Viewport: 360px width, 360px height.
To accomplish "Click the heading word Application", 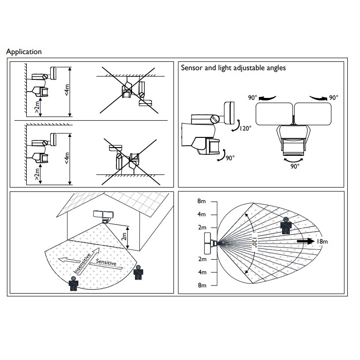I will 24,52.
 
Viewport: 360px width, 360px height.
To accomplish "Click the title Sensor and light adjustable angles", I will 233,68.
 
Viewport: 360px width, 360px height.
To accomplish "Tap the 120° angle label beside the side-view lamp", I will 245,129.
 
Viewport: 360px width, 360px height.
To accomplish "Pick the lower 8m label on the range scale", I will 201,285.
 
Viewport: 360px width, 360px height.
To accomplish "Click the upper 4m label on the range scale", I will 201,214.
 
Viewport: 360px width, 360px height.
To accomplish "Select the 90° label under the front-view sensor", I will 294,166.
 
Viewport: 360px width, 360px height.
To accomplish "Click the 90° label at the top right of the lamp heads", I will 333,98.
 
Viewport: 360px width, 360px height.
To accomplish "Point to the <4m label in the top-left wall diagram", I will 67,90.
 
